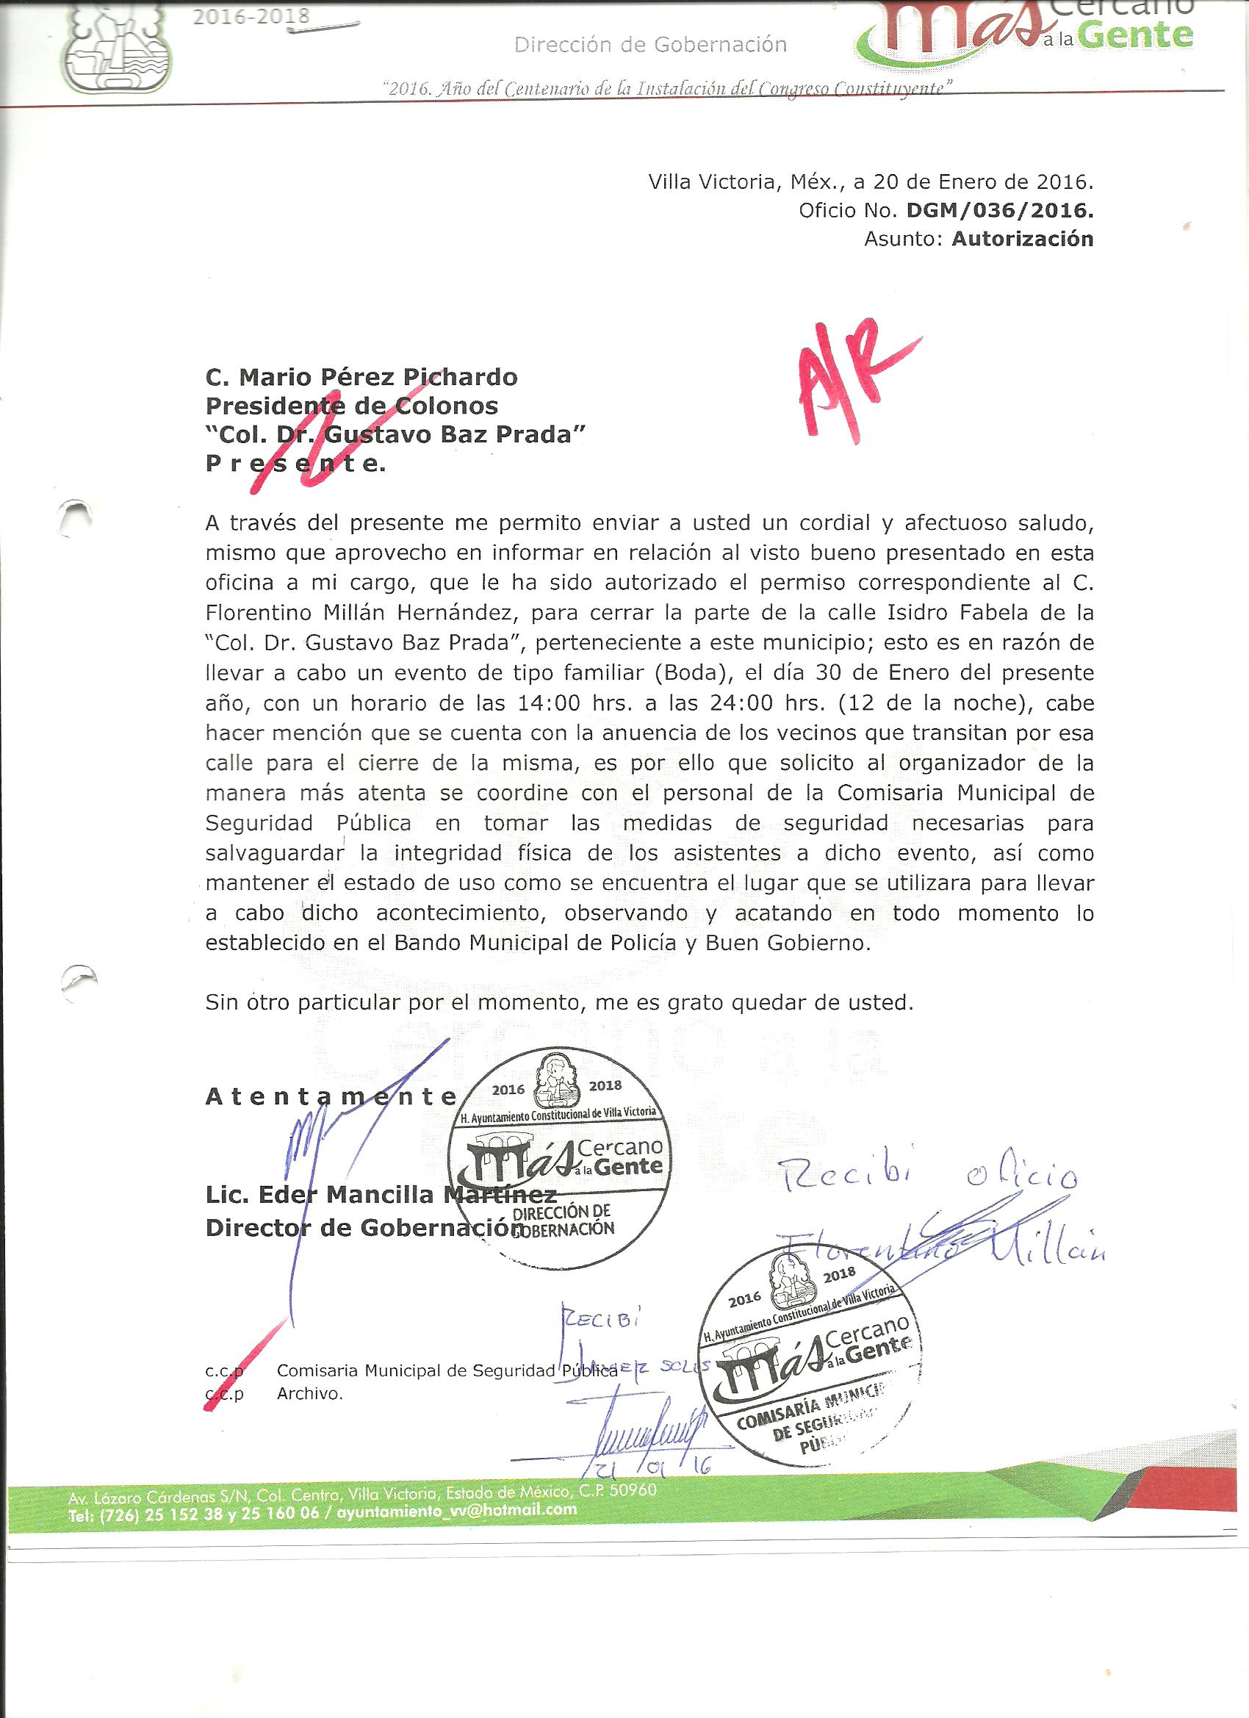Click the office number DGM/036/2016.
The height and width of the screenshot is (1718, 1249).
[1000, 211]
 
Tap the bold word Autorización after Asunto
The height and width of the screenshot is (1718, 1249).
[1023, 240]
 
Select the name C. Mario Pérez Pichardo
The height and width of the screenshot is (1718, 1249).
[361, 376]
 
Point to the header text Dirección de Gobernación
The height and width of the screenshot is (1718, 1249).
[650, 46]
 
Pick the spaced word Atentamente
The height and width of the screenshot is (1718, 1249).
[330, 1098]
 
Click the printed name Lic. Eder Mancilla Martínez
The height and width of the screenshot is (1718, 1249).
[381, 1196]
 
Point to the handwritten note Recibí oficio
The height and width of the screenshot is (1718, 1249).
[927, 1176]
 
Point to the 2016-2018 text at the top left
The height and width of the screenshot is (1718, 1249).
[251, 16]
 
